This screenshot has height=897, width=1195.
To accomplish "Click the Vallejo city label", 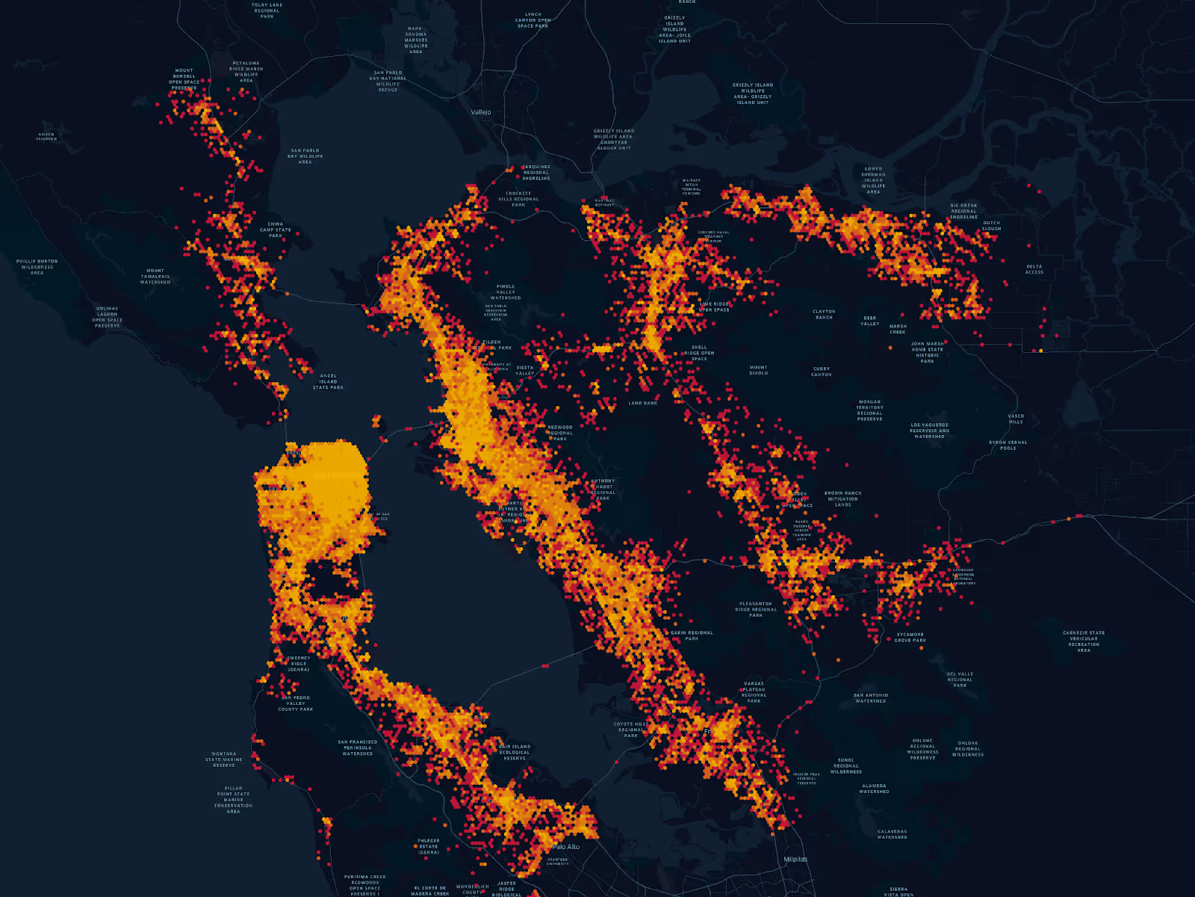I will (x=481, y=112).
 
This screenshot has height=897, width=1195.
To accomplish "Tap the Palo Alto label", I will (x=566, y=847).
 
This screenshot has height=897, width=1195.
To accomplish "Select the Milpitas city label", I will (x=795, y=859).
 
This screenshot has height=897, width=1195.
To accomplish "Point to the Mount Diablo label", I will (x=758, y=370).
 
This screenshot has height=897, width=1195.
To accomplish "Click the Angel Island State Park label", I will (x=328, y=381).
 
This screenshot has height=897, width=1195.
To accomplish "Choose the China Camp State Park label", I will (x=276, y=229).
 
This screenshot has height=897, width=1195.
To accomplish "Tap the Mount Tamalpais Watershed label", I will (x=155, y=277).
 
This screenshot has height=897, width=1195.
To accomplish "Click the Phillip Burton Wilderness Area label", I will (x=37, y=267).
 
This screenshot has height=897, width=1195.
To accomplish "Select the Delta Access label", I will (x=1034, y=269).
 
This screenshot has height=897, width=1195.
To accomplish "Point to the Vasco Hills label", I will (x=1016, y=419).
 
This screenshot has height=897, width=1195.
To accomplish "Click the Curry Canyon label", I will (x=822, y=372).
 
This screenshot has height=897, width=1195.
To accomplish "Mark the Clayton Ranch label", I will (x=824, y=314).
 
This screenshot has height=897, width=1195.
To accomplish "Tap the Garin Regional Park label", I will (x=692, y=635).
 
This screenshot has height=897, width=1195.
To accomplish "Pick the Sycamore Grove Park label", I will (x=910, y=637).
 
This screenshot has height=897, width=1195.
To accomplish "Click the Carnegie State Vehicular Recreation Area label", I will (x=1084, y=641).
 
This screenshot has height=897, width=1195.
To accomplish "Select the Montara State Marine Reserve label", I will (x=224, y=759).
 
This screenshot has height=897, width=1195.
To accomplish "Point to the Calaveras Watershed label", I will (x=892, y=834).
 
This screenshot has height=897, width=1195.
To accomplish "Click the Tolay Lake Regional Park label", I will (x=267, y=10).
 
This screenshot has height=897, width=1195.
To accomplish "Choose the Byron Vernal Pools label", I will (x=1008, y=445).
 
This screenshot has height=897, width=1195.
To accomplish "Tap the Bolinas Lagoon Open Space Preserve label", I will (x=108, y=317).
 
